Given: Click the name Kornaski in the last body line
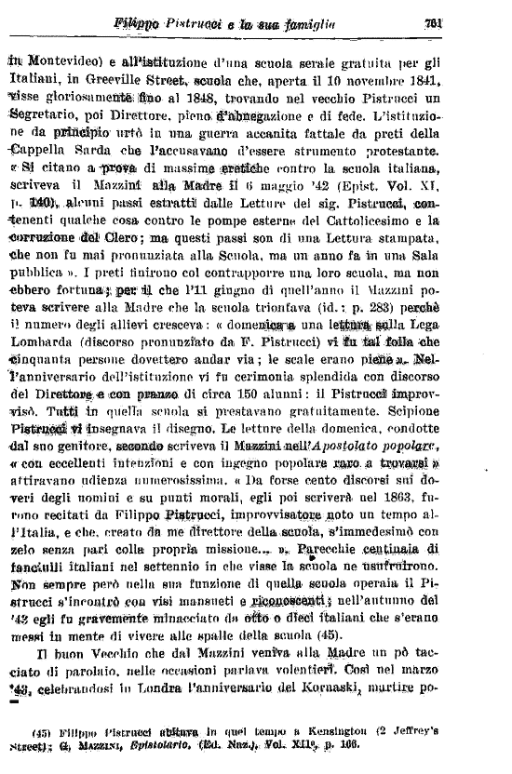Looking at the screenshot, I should point(396,715).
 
